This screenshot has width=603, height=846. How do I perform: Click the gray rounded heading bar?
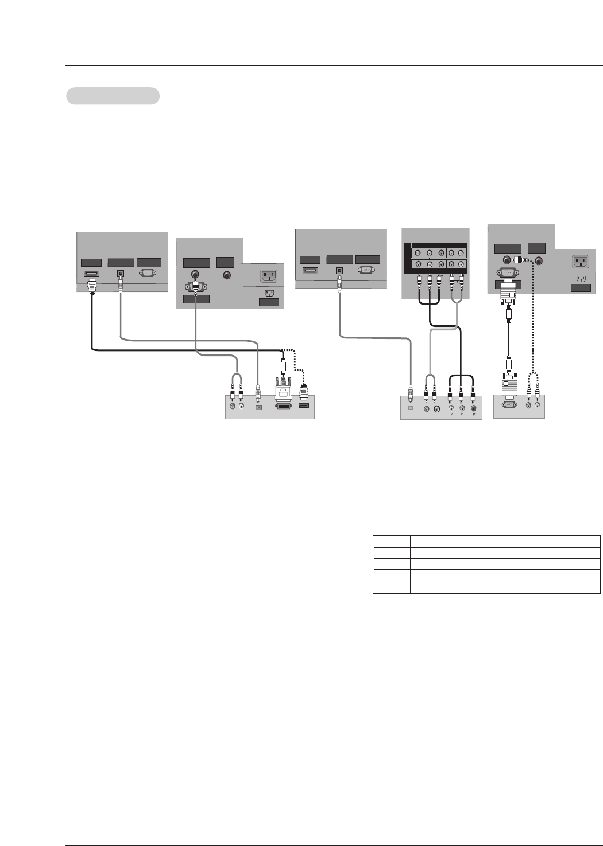tap(113, 96)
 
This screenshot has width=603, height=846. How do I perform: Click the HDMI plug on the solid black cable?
tap(92, 286)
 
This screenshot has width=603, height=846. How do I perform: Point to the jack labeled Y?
tap(451, 408)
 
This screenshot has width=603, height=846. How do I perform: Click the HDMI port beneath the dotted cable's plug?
tap(304, 407)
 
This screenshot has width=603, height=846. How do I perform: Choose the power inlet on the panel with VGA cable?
tap(581, 262)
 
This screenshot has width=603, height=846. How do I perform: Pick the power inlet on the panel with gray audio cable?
tap(268, 276)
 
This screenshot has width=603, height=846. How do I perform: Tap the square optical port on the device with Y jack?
tap(409, 408)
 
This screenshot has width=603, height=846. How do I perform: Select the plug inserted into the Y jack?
tap(451, 394)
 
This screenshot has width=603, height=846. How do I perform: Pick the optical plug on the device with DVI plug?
tap(258, 393)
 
